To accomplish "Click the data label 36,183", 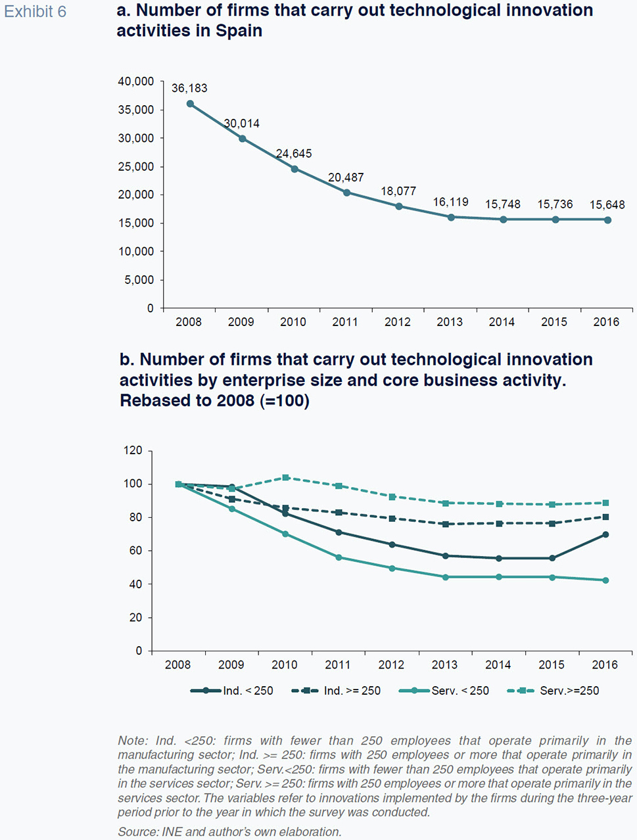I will coord(189,88).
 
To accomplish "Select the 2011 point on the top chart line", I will coord(346,193).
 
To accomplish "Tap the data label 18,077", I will coord(398,191).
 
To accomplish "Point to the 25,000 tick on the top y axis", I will coord(136,167).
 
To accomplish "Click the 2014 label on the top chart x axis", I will coord(502,322).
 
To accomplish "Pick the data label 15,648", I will coord(607,205).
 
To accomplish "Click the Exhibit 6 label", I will coord(35,12).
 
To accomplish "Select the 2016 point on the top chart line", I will coord(607,220).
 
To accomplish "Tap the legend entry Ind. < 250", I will coord(231,691).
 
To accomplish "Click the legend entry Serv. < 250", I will coord(444,691).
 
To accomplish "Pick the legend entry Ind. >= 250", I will coord(336,691).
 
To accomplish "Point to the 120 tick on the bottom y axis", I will coord(133,451).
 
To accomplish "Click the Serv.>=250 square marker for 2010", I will coord(285,478).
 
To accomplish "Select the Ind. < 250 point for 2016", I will coord(605,535).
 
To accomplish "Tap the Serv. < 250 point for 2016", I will coord(605,580).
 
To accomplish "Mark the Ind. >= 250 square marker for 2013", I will coord(446,525).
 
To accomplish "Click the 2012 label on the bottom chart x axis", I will coord(391,665).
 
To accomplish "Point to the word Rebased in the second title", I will coord(153,401).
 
